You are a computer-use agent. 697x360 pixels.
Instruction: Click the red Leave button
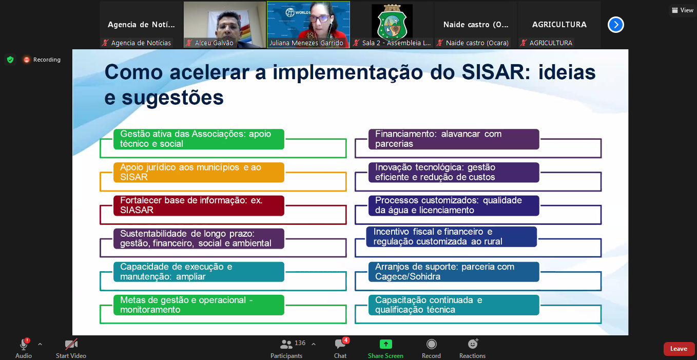[x=679, y=349]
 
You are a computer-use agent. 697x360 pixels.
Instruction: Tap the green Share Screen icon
[x=385, y=344]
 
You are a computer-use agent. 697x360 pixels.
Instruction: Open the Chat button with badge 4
[x=340, y=344]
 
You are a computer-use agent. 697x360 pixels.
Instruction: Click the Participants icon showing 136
[x=286, y=344]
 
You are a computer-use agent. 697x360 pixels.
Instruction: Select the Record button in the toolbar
[x=431, y=344]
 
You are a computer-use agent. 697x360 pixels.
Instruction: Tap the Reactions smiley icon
[x=473, y=344]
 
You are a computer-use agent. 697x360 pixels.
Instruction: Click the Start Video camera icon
[x=71, y=344]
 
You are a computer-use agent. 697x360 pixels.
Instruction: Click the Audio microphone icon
[x=24, y=344]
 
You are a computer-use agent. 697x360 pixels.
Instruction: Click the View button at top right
[x=683, y=10]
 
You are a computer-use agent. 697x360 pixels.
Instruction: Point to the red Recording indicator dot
[x=27, y=60]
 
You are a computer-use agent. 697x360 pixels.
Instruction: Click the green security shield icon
[x=10, y=60]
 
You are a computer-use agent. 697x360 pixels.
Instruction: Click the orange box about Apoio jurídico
[x=199, y=172]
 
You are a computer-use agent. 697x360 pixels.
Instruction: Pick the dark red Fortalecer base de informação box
[x=199, y=205]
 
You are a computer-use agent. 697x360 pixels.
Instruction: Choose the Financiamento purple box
[x=454, y=139]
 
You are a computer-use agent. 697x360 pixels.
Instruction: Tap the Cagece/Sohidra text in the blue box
[x=408, y=276]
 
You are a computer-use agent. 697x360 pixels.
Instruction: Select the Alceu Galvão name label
[x=214, y=43]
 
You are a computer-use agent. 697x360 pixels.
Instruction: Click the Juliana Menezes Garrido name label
[x=306, y=43]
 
